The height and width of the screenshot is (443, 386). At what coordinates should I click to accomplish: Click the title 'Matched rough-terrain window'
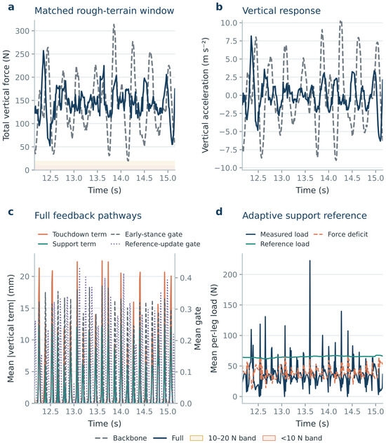click(104, 11)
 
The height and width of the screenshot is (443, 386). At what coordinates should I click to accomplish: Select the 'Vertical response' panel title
click(281, 11)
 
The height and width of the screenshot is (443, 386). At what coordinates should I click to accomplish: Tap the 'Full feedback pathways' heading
click(88, 216)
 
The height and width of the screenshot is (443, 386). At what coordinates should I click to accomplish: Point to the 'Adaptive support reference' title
click(305, 216)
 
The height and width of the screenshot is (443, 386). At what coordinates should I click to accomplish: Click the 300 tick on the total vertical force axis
click(22, 31)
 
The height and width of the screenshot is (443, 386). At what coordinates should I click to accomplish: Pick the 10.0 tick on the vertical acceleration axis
click(229, 23)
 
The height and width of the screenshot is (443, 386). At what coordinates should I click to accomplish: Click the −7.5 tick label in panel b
click(227, 150)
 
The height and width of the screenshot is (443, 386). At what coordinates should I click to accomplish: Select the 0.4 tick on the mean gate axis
click(186, 278)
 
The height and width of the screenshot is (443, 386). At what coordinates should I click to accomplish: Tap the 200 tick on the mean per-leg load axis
click(230, 274)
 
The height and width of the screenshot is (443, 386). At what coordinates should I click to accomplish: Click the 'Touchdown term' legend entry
click(72, 234)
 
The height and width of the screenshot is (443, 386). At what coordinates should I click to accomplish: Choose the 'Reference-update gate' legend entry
click(155, 244)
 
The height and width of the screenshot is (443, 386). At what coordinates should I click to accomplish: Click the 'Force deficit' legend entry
click(341, 234)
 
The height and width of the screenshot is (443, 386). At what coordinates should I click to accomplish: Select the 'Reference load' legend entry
click(277, 244)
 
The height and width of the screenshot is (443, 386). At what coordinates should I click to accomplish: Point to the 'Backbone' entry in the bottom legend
click(121, 438)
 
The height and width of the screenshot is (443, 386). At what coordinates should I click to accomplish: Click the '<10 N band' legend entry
click(293, 438)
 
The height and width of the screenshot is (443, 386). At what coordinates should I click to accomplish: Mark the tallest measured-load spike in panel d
click(310, 261)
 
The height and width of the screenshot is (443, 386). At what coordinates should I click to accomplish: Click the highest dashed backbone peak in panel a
click(114, 25)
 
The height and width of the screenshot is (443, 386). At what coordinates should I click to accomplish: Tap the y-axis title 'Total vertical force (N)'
click(6, 95)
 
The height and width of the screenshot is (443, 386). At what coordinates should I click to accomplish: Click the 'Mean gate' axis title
click(198, 328)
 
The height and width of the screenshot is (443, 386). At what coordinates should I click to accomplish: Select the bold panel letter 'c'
click(11, 212)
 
